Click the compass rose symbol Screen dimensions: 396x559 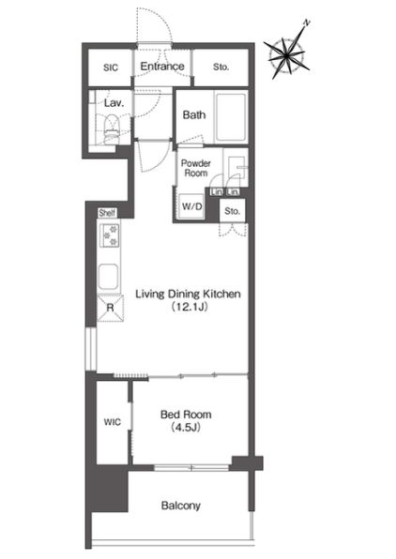[x=287, y=54]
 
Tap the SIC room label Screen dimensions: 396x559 [x=111, y=68]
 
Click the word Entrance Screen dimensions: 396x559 [x=162, y=67]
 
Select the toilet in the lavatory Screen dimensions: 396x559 [x=111, y=129]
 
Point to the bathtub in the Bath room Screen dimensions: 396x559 [x=231, y=116]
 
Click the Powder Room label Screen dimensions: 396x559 [x=196, y=168]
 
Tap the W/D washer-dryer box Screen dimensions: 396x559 [x=192, y=206]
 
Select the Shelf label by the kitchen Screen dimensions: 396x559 [x=107, y=213]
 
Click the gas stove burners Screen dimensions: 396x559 [x=110, y=234]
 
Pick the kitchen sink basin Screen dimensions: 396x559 [x=109, y=277]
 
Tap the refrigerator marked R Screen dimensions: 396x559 [x=110, y=308]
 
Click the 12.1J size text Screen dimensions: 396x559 [x=190, y=307]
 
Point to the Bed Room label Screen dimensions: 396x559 [x=186, y=415]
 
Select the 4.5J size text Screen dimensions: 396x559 [x=186, y=427]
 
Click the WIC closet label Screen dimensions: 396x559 [x=113, y=422]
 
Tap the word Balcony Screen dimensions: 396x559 [x=181, y=506]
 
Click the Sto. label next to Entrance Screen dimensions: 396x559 [x=221, y=67]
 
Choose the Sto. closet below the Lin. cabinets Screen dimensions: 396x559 [x=233, y=211]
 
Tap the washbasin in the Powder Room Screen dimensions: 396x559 [x=236, y=167]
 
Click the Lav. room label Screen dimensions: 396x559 [x=114, y=103]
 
